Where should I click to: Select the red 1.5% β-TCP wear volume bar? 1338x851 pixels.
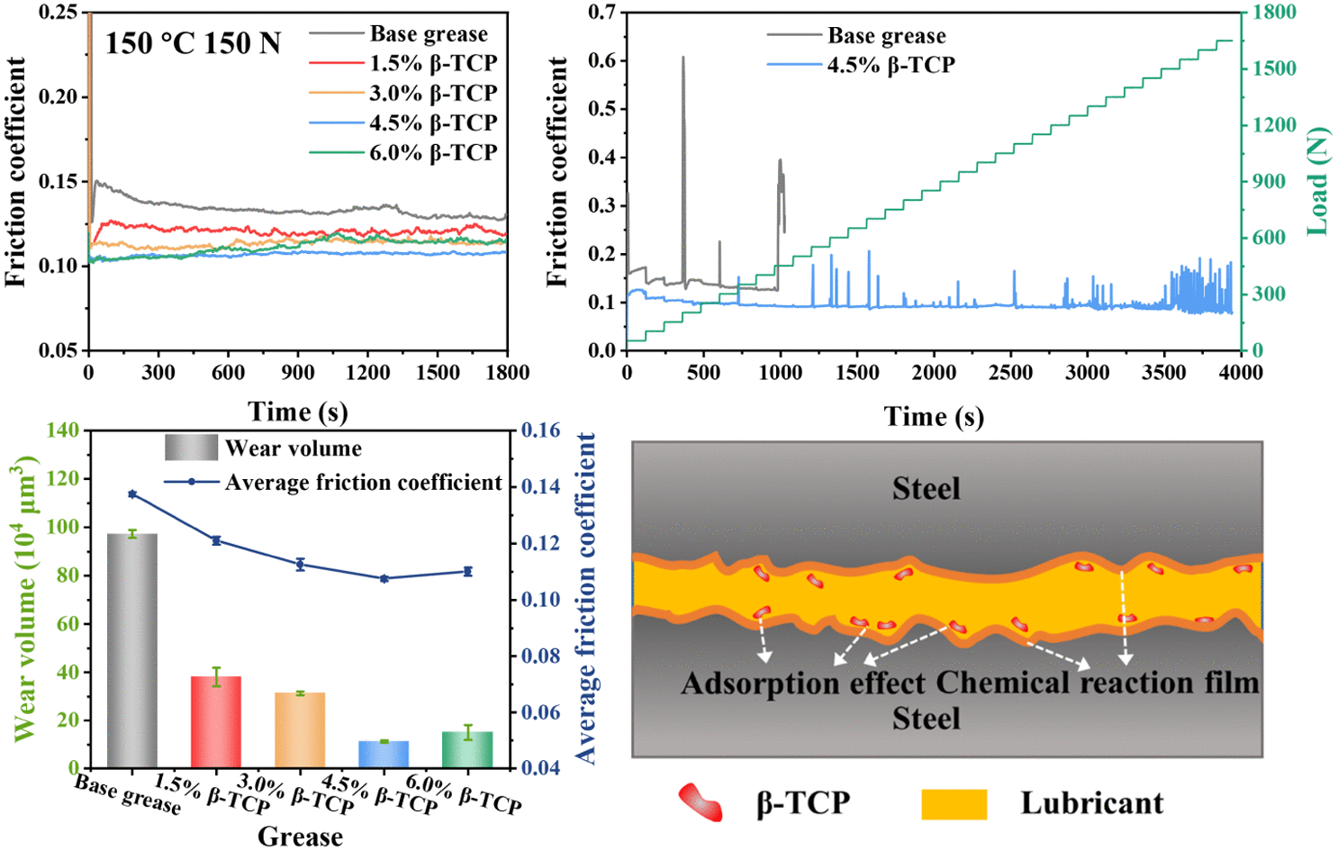click(x=215, y=721)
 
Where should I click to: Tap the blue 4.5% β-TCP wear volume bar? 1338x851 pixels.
click(x=384, y=755)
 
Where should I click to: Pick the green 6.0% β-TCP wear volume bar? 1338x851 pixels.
click(x=467, y=750)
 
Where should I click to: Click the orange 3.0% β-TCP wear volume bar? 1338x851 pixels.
click(x=300, y=729)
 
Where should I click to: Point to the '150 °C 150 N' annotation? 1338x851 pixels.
click(x=193, y=43)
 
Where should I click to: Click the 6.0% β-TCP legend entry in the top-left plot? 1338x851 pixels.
click(x=432, y=152)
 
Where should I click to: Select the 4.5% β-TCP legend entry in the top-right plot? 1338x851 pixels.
click(x=890, y=65)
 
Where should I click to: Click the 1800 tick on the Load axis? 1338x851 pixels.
click(x=1277, y=13)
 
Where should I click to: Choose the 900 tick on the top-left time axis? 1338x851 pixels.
click(x=298, y=373)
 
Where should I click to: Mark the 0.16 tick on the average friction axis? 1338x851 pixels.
click(x=540, y=430)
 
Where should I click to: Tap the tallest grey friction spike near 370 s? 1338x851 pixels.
click(x=683, y=59)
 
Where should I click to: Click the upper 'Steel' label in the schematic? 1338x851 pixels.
click(x=926, y=489)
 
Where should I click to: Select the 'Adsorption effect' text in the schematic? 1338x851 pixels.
click(x=803, y=684)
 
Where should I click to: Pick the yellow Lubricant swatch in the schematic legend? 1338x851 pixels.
click(x=954, y=803)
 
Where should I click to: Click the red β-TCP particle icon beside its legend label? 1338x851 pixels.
click(x=701, y=801)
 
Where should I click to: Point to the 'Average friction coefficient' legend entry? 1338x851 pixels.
click(x=363, y=483)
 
